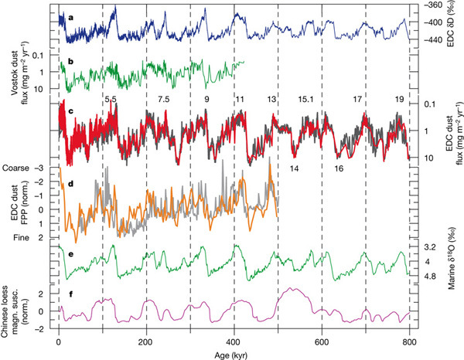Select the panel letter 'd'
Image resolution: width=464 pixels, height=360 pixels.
click(x=71, y=185)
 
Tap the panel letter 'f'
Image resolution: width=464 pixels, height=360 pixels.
click(x=71, y=294)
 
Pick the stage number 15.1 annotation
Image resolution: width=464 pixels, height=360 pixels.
click(x=305, y=100)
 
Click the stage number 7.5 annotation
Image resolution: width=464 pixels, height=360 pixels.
click(x=164, y=100)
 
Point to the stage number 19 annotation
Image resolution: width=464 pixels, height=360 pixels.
click(x=399, y=100)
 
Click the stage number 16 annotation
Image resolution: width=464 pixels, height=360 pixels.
click(x=338, y=168)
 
